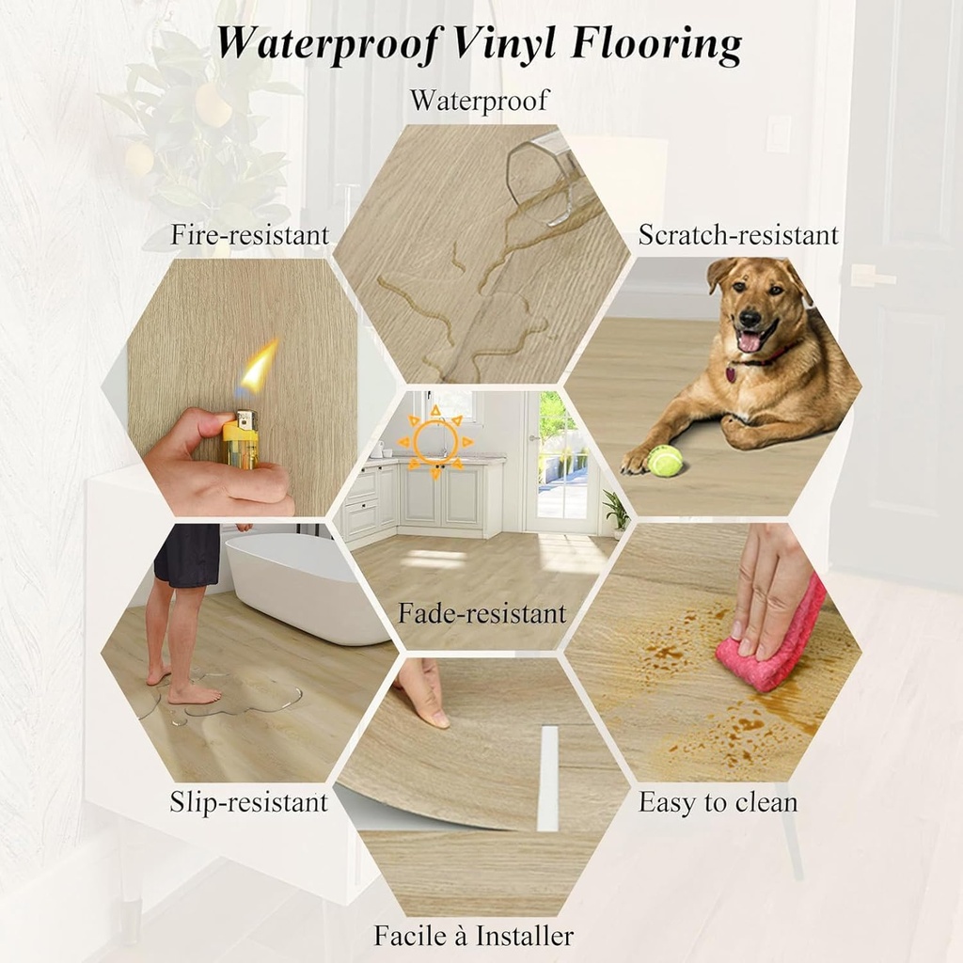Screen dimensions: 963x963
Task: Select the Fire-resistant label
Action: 249,235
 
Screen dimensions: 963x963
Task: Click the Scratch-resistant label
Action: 738,235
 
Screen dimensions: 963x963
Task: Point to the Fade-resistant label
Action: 481,614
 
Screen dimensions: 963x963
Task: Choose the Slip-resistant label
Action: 248,802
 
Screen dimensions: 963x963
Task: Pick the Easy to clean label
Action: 718,802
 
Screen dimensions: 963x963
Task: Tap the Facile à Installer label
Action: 473,937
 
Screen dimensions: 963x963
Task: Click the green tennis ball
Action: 665,461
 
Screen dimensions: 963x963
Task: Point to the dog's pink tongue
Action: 750,340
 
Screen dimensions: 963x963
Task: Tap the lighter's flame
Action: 258,369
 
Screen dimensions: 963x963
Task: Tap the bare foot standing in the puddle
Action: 193,694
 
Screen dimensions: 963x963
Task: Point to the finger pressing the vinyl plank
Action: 422,692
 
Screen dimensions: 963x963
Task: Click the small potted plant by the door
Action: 617,512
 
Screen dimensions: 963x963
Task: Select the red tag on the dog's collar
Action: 731,374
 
